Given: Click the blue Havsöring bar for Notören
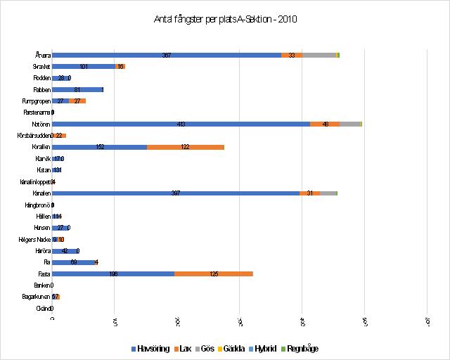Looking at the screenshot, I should point(181,124).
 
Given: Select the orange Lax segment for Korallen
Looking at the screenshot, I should point(186,147).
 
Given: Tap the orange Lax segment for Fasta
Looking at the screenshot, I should point(214,274).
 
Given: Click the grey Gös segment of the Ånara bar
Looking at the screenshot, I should point(319,55).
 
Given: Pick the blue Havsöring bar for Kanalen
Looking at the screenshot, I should point(176,193).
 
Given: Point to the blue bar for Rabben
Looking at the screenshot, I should point(77,89).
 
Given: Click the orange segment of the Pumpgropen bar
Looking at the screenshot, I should point(77,101).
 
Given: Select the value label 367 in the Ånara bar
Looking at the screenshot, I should point(167,55).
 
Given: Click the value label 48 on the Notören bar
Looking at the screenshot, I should point(326,124).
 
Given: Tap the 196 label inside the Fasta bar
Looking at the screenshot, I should point(114,274).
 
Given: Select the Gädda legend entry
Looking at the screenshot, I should point(230,348).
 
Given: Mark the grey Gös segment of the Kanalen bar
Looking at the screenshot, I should point(328,193).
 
